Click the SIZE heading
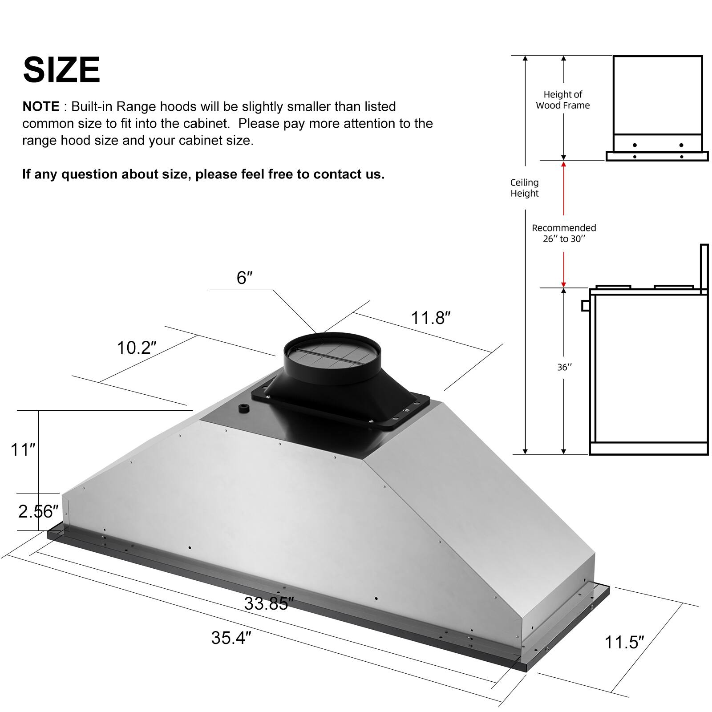61,70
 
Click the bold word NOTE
41,107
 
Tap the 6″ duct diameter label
244,278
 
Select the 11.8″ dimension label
430,318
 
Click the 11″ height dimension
23,449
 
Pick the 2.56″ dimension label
38,512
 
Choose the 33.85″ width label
268,604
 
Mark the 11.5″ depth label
624,643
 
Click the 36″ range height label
564,368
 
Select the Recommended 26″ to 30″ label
564,233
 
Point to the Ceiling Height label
524,188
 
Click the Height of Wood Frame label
563,100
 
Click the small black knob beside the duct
243,408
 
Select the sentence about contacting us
203,174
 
